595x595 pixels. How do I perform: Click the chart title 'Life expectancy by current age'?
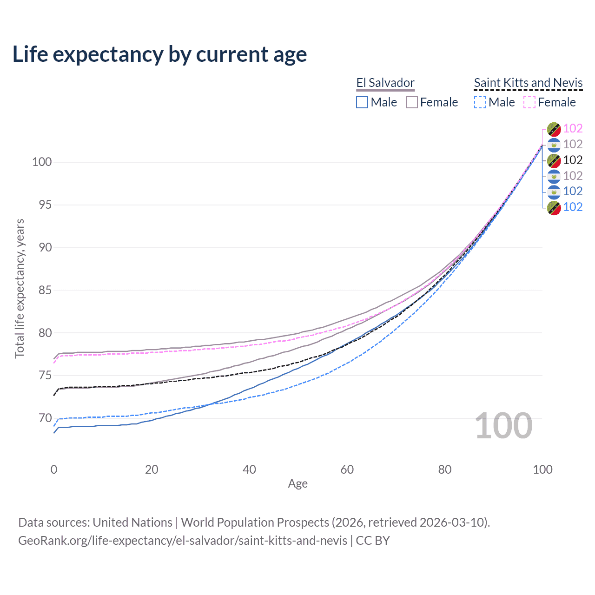click(159, 54)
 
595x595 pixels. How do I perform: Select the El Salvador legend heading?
click(385, 83)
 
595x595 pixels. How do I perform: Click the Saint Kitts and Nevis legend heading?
click(528, 83)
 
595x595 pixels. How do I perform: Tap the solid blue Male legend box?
click(362, 102)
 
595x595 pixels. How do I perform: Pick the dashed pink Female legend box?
click(529, 102)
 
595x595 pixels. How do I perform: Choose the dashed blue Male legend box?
click(480, 102)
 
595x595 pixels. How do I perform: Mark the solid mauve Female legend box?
click(412, 102)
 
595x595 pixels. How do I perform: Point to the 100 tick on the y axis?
click(41, 162)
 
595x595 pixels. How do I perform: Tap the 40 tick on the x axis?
click(249, 469)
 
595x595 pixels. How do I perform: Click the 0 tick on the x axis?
click(54, 469)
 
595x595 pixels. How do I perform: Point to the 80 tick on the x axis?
click(445, 469)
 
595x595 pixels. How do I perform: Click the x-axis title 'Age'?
click(297, 484)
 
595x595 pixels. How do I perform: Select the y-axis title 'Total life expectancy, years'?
click(20, 288)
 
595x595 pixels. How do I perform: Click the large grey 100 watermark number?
click(503, 426)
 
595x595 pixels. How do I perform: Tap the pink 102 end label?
click(573, 129)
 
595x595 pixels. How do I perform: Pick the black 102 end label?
click(573, 160)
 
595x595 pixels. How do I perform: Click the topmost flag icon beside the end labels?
click(554, 129)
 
